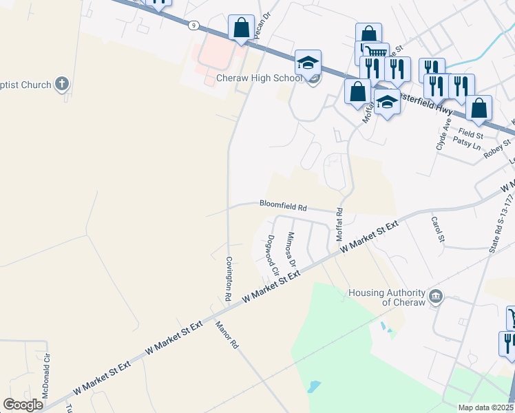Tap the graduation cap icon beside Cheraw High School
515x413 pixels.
(x=308, y=63)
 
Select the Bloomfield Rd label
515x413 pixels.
(x=283, y=204)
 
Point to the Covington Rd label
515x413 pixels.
(x=228, y=279)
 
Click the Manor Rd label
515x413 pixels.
(x=227, y=335)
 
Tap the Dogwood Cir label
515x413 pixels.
(x=271, y=255)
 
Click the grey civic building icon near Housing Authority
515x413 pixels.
(x=436, y=297)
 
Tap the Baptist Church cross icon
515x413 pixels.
(x=62, y=85)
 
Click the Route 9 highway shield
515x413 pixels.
(x=196, y=26)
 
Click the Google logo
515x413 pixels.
(x=23, y=405)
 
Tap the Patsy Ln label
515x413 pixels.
(x=467, y=142)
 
